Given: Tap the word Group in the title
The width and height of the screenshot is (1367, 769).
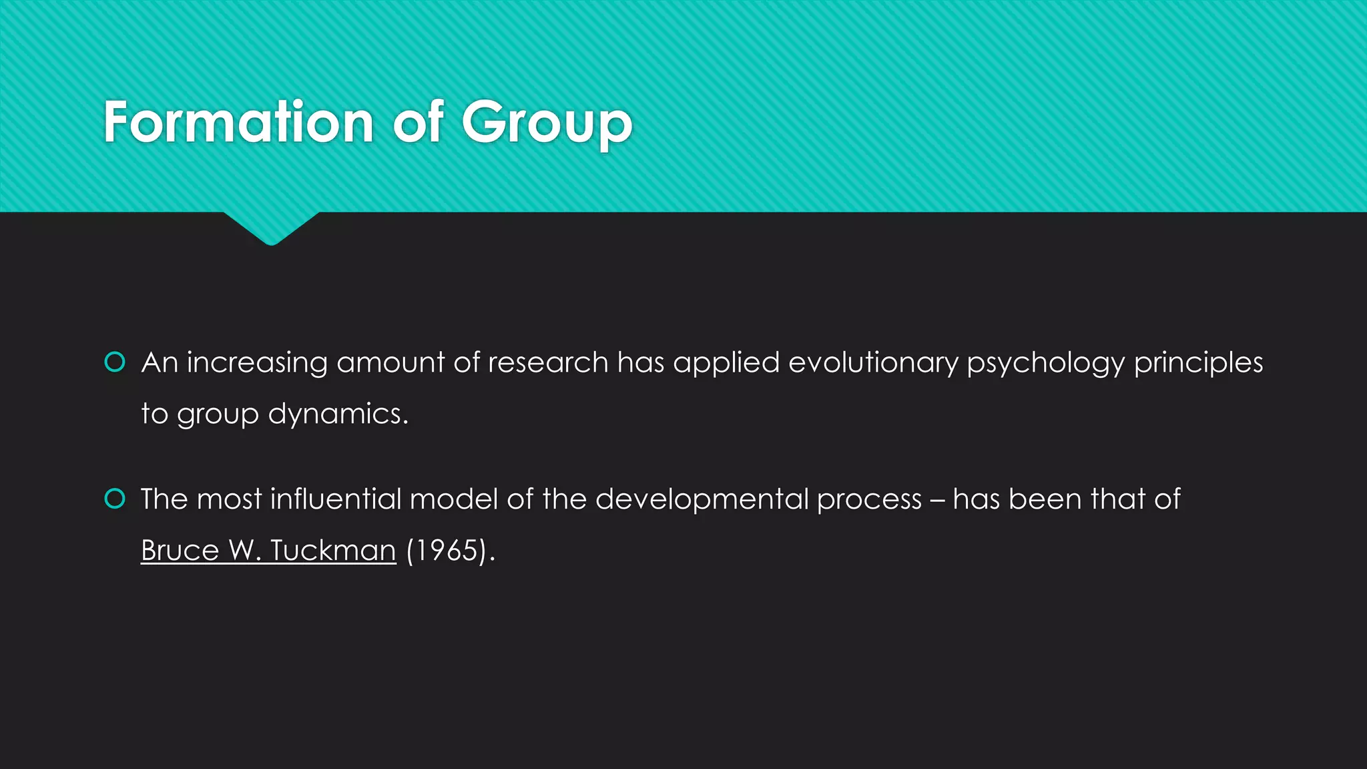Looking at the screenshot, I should [547, 123].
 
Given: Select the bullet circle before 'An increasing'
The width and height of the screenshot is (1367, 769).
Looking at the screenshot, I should [115, 362].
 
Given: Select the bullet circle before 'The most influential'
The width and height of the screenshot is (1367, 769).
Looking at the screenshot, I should [115, 499].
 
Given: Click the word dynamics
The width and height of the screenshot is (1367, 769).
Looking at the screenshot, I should [338, 415].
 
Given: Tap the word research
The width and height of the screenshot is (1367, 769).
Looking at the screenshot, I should [548, 362].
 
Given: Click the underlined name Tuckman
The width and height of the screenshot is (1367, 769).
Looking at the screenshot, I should [333, 551].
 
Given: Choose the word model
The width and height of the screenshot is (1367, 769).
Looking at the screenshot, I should [453, 499].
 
